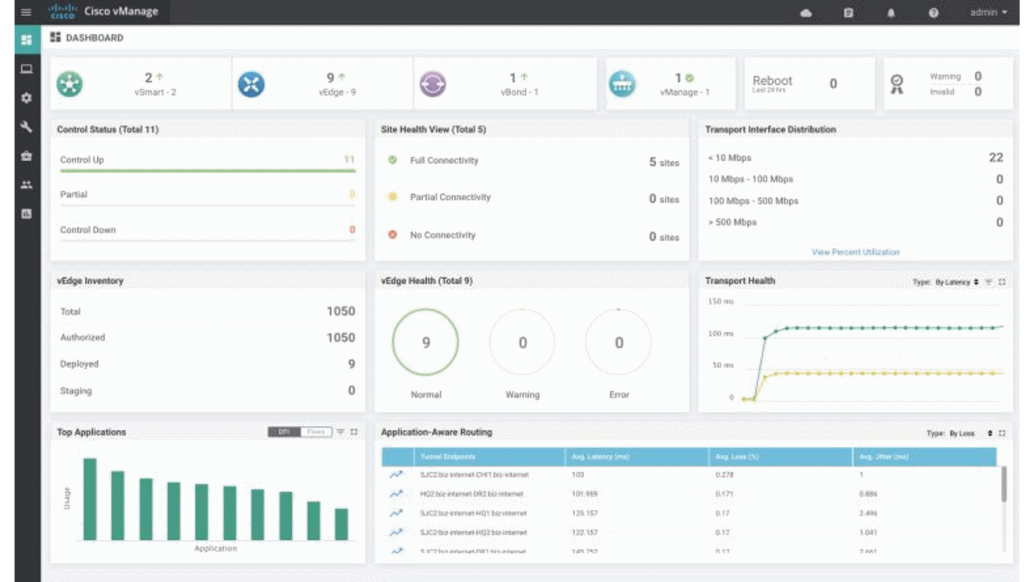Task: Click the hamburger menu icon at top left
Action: click(x=26, y=12)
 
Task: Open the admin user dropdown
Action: click(x=989, y=12)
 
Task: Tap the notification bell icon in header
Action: click(x=891, y=13)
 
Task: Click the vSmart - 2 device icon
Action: click(x=70, y=83)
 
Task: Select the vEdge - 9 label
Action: click(x=336, y=92)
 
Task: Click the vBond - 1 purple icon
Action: click(x=433, y=83)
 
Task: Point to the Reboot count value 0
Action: click(x=833, y=83)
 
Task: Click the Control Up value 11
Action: click(x=349, y=159)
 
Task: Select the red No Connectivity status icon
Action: click(x=392, y=234)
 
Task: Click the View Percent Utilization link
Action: click(x=855, y=252)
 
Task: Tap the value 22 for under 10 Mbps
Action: click(x=995, y=158)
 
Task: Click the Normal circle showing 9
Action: click(x=425, y=343)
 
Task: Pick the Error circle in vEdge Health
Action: click(x=619, y=343)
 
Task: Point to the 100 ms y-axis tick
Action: click(x=720, y=333)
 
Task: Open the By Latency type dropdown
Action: click(x=957, y=282)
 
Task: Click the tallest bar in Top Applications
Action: click(x=90, y=499)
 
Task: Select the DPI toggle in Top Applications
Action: click(x=284, y=432)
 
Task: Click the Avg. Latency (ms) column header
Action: click(x=599, y=457)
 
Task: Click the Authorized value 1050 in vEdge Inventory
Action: click(x=340, y=337)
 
